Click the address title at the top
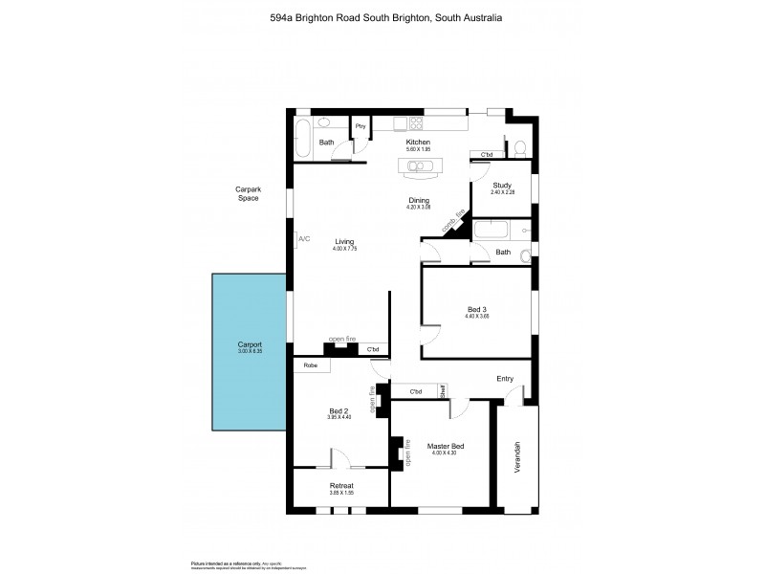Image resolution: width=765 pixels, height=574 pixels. point(382,17)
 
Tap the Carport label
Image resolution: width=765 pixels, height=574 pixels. point(250,344)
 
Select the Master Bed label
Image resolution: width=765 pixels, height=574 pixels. point(446,447)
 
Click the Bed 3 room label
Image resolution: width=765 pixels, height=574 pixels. point(476,309)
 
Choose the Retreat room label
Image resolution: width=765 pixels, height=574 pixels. point(341,486)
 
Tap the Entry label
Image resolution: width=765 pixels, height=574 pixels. point(505,379)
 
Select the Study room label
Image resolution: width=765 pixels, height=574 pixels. point(502,186)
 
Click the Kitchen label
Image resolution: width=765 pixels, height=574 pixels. point(419,143)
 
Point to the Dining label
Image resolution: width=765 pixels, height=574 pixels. point(419,200)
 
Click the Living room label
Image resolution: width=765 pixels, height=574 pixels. point(344,242)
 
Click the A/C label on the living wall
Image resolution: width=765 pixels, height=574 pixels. point(304,238)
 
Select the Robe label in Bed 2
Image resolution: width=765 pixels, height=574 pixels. point(310,365)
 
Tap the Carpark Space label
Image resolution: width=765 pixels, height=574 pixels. point(249,193)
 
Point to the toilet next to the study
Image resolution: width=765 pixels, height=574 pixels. point(519,147)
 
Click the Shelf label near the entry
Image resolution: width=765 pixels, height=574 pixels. point(443,390)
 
